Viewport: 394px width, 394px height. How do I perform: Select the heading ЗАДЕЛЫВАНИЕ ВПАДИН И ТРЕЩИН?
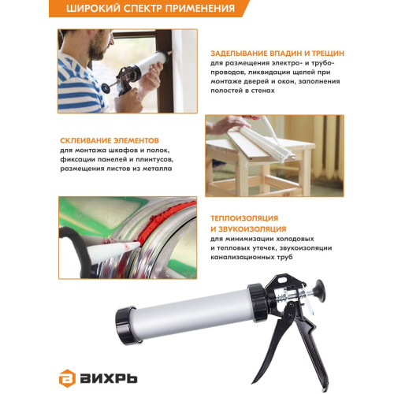(x=277, y=54)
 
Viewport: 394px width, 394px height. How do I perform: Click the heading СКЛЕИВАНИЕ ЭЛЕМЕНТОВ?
(x=110, y=140)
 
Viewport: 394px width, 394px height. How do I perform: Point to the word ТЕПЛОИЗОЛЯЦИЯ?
(x=244, y=218)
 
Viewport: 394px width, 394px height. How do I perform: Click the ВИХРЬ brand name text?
(x=108, y=378)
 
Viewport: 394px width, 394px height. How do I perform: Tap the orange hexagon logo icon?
(x=67, y=378)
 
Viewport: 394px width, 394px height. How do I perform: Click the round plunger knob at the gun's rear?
(x=320, y=289)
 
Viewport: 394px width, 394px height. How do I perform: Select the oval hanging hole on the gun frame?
(x=283, y=281)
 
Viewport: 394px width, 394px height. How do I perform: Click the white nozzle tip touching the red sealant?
(x=136, y=246)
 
